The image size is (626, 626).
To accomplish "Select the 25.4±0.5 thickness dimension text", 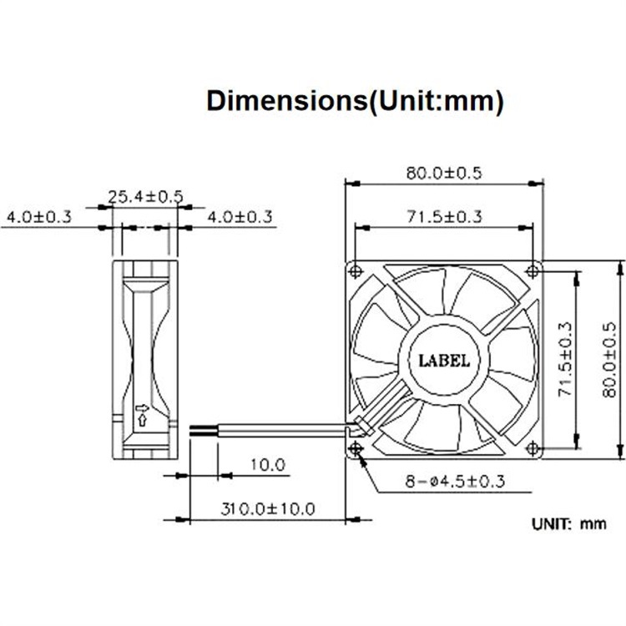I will point(145,197).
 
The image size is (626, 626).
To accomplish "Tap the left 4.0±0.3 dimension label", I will point(38,217).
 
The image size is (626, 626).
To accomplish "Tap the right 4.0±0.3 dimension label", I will point(240,217).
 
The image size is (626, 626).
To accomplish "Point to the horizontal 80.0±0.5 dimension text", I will point(444,174).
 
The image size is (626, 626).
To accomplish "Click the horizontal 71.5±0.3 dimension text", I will point(444,217).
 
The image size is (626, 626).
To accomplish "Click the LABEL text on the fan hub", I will point(443,361).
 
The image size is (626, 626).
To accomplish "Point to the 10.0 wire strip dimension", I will point(268,464).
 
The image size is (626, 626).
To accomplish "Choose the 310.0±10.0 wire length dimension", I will point(268,507).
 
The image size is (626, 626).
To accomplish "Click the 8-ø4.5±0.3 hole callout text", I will point(455,482).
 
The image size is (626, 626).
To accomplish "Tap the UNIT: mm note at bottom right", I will point(568,524).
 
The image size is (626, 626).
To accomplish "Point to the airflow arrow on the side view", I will point(141,413).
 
